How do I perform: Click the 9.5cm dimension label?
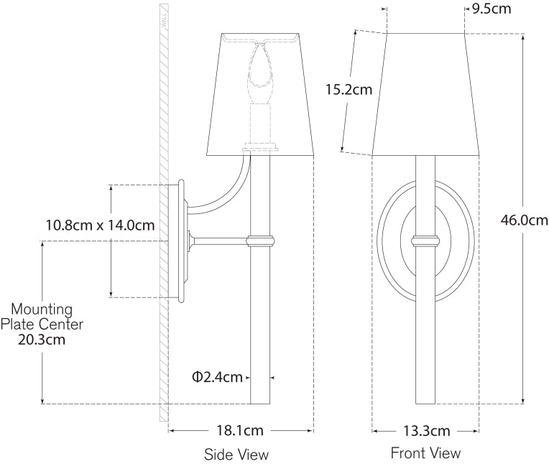click(492, 9)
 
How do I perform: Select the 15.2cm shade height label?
click(349, 90)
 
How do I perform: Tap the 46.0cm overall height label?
click(524, 221)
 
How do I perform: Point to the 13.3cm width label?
click(426, 431)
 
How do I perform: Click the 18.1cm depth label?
click(239, 431)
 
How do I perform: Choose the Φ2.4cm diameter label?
click(217, 377)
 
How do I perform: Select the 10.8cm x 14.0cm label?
click(100, 225)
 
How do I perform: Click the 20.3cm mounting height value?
click(42, 340)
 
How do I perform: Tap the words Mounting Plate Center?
click(42, 317)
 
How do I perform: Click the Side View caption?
click(236, 454)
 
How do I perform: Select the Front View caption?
click(425, 453)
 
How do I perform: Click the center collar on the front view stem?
click(425, 241)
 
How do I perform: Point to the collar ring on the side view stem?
click(260, 241)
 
